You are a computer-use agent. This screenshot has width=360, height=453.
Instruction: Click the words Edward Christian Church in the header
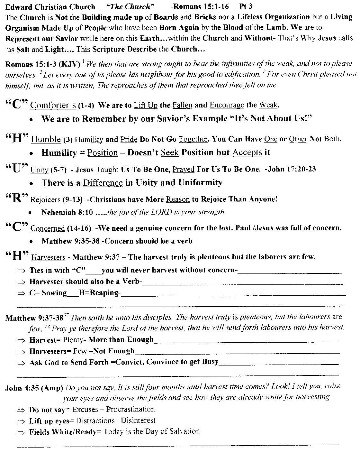coord(50,7)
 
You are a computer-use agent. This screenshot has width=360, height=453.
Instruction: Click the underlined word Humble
coord(46,139)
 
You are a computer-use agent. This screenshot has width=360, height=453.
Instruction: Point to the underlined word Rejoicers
coord(45,200)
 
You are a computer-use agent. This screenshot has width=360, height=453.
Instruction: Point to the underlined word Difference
coord(103,183)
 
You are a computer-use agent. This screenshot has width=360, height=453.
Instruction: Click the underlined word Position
coord(103,153)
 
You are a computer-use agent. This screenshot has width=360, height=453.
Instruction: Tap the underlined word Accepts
coord(247,153)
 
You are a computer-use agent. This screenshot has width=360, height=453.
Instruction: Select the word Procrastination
coord(130,409)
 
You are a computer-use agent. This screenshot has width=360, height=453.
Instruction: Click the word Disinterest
coord(139,421)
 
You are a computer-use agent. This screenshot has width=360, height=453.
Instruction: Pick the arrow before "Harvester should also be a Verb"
coord(21,282)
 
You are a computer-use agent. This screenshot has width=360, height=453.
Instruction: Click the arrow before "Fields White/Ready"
coord(21,432)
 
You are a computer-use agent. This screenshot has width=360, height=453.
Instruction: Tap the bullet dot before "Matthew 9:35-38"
coord(30,241)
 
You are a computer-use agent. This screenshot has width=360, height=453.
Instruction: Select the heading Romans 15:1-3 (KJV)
coord(43,64)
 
